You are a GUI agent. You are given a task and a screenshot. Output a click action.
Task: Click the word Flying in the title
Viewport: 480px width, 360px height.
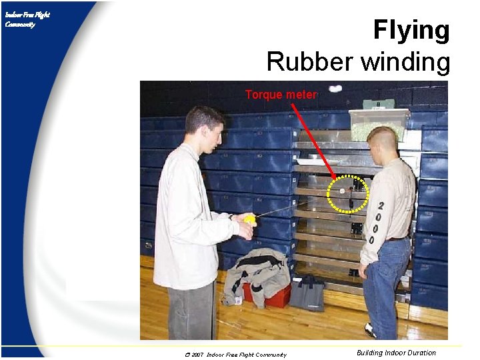(411, 31)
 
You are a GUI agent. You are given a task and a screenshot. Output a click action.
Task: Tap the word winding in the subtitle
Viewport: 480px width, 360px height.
(405, 62)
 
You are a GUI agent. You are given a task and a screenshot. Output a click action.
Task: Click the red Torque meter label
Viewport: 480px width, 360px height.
(281, 95)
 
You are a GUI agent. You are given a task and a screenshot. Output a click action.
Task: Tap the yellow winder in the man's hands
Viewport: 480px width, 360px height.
(249, 219)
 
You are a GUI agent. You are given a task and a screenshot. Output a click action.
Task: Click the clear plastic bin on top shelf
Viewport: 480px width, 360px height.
(379, 123)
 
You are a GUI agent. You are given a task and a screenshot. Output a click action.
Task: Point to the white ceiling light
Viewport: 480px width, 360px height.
(335, 88)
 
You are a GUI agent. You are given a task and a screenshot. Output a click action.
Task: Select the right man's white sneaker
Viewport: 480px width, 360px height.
(371, 330)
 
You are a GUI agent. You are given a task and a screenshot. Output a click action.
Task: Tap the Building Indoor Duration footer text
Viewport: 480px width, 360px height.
(396, 353)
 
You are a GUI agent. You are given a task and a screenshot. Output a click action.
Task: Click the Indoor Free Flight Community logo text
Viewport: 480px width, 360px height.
(27, 20)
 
